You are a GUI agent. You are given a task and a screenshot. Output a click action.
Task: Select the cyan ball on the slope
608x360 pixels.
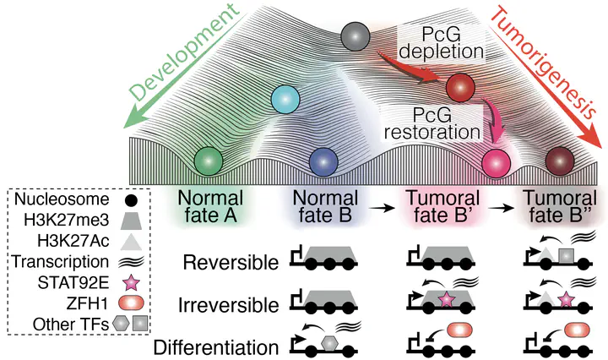click(x=287, y=100)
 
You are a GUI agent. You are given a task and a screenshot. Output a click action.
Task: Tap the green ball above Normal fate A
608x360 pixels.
click(x=209, y=159)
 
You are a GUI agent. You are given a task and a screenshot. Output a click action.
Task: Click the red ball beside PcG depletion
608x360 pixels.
click(x=461, y=86)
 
